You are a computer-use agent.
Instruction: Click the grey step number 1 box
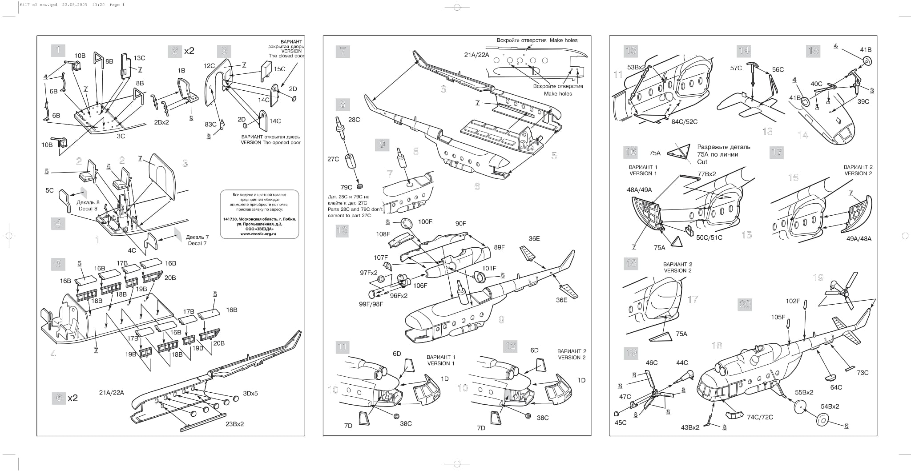pos(58,50)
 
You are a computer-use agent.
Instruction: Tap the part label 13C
pos(139,58)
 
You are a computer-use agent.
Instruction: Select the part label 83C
pos(210,124)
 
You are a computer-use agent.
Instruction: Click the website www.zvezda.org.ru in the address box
pos(258,233)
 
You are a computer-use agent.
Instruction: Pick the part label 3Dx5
pos(250,393)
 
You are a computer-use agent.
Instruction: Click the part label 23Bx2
pos(234,424)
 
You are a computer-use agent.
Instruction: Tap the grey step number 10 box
pos(342,230)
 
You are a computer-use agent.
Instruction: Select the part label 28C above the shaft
pos(354,120)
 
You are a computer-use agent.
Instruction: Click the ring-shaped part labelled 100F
pos(407,223)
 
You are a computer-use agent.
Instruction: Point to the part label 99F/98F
pos(371,304)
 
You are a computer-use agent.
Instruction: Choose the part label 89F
pos(500,247)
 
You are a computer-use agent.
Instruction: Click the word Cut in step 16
pos(702,162)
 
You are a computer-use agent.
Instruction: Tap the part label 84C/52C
pos(684,121)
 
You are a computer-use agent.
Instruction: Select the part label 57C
pos(736,68)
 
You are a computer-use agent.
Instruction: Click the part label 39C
pos(863,101)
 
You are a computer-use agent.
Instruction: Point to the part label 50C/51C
pos(709,238)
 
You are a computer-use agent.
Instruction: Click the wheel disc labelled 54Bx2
pos(823,420)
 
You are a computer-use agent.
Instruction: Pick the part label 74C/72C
pos(760,417)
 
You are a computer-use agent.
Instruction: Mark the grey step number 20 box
pos(745,304)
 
